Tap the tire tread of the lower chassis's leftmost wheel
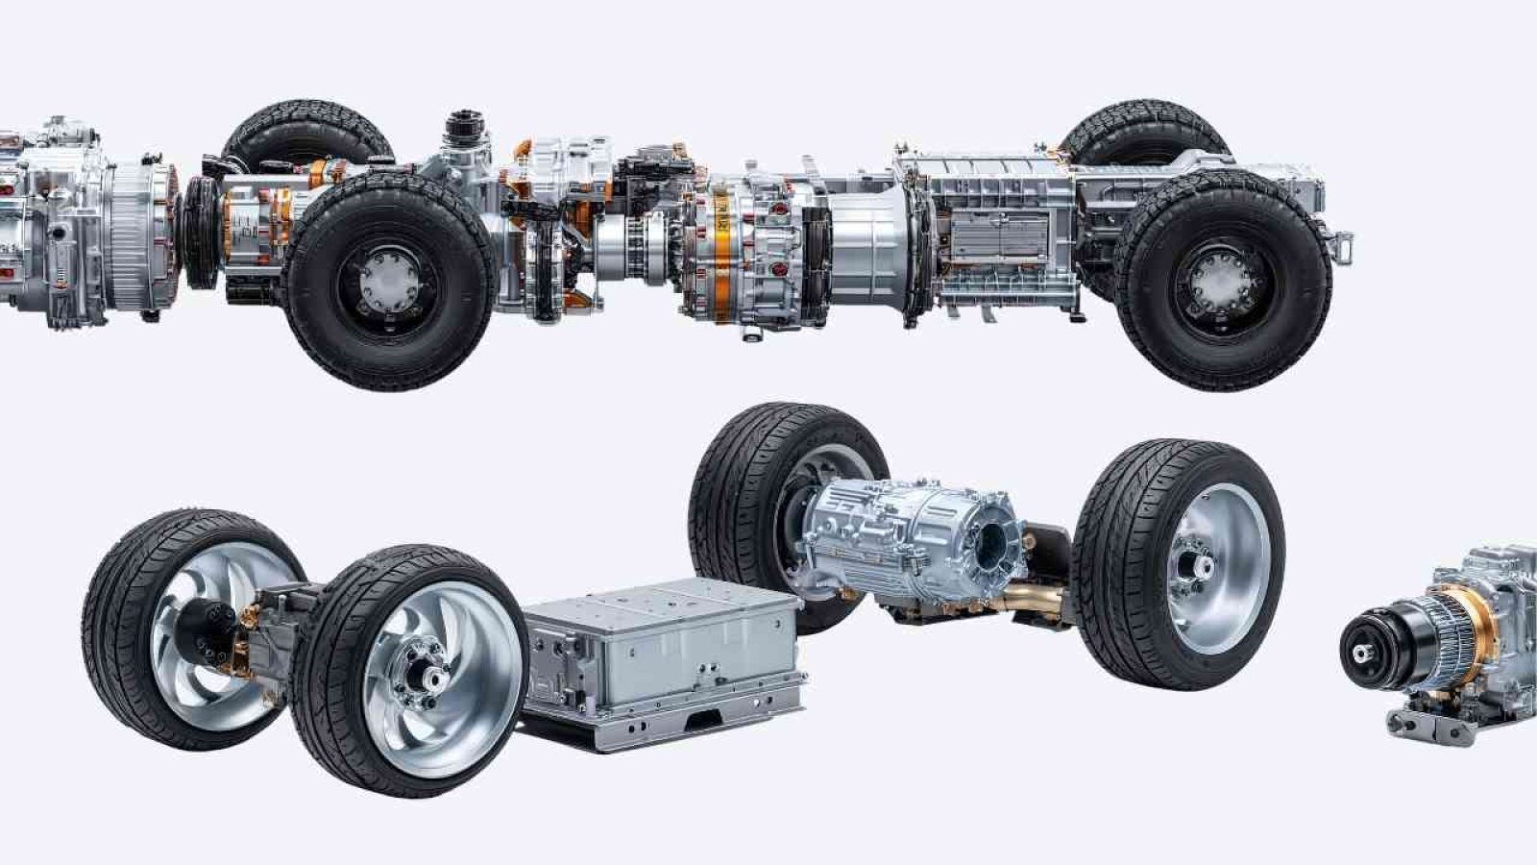tap(106, 615)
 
